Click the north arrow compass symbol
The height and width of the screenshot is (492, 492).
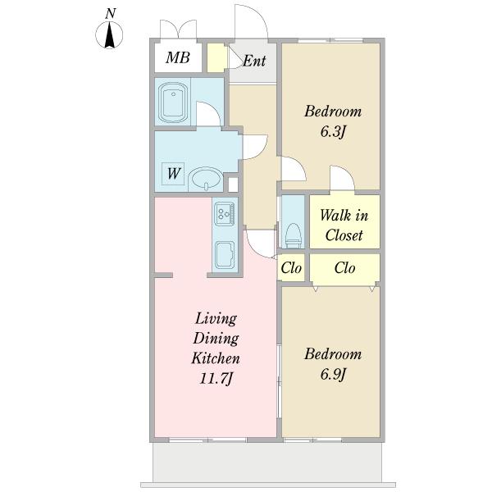(109, 34)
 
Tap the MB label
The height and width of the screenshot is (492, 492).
(178, 57)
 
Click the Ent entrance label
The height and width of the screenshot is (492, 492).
(254, 61)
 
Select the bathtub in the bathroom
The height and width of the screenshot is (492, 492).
(173, 102)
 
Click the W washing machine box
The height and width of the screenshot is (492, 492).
(173, 174)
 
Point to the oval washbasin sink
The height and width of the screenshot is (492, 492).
(206, 179)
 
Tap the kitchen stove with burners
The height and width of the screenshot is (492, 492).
(225, 213)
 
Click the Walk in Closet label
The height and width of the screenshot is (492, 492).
(344, 225)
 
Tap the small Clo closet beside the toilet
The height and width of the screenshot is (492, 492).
(291, 268)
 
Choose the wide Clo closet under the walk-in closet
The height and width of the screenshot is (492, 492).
(345, 268)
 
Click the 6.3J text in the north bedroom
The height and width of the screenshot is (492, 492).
(333, 132)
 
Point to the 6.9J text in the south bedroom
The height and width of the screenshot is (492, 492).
(333, 375)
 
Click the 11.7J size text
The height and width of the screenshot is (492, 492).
(216, 378)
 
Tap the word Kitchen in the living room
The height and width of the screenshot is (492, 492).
(216, 358)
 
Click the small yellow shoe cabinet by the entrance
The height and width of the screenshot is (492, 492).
(216, 57)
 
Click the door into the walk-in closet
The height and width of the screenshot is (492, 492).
(342, 178)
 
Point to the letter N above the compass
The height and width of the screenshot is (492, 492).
(110, 14)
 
